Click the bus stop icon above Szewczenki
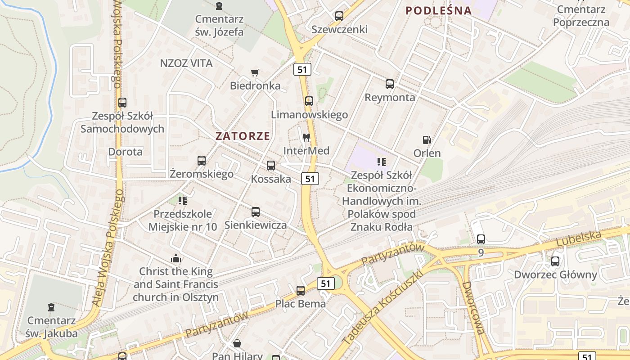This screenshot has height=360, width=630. coord(339,16)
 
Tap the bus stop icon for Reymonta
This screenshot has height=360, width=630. coord(390,84)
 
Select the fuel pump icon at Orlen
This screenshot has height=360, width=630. coord(427,140)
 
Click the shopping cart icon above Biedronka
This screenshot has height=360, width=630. coord(255,72)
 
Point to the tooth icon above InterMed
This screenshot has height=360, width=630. coord(306,137)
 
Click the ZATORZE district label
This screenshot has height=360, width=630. coord(243,136)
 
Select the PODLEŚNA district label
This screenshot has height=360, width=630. coord(439,10)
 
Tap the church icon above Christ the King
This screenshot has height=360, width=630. coord(176,258)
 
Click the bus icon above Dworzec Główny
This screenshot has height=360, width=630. coord(555,261)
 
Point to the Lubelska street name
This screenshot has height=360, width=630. coord(579,238)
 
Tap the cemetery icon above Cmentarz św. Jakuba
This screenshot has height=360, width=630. coord(51,308)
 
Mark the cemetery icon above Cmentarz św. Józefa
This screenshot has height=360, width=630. coord(219,6)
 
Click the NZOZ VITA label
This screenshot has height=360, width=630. coord(186,63)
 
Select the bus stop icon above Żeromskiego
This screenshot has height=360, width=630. coord(202,161)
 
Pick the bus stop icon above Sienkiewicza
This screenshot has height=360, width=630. coord(256,211)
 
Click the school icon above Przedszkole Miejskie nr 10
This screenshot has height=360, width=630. coord(182,201)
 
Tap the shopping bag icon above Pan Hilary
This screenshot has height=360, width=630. coord(237,344)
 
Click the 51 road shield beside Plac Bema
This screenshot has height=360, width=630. coord(326,283)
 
